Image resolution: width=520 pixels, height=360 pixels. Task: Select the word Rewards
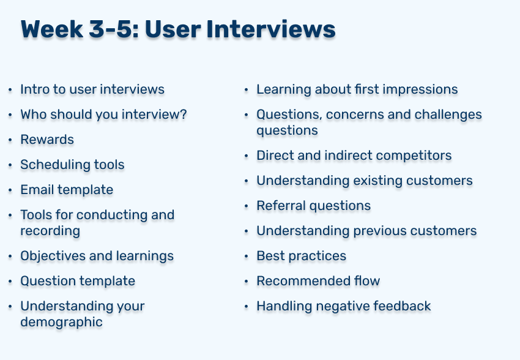pyautogui.click(x=47, y=140)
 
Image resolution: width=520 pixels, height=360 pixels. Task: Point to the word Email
pyautogui.click(x=37, y=190)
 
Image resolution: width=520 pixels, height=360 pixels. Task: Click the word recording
pyautogui.click(x=50, y=231)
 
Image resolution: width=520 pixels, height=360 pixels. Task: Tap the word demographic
pyautogui.click(x=61, y=323)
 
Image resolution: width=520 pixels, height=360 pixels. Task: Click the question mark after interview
pyautogui.click(x=183, y=114)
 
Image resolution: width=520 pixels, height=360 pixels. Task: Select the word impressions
pyautogui.click(x=420, y=89)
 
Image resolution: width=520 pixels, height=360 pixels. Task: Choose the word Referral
pyautogui.click(x=281, y=206)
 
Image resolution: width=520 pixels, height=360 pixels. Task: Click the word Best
pyautogui.click(x=270, y=256)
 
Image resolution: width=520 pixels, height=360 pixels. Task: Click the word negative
pyautogui.click(x=343, y=306)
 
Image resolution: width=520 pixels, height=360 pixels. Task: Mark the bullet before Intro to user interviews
pyautogui.click(x=10, y=89)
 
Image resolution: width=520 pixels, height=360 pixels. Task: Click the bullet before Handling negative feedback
pyautogui.click(x=246, y=306)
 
